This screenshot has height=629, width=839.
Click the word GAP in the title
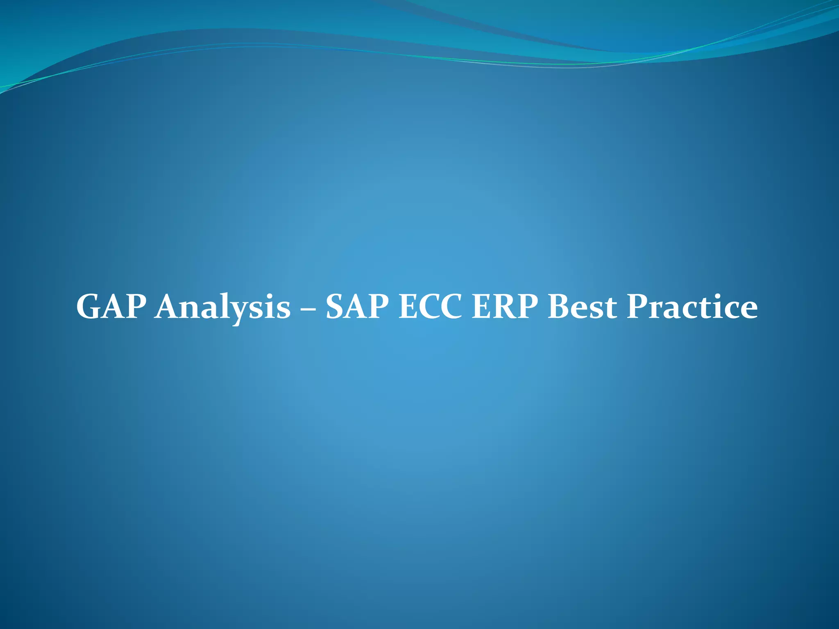[111, 307]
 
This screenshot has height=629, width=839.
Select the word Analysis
[222, 308]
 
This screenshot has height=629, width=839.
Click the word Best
[582, 307]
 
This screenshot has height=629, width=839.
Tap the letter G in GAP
[89, 307]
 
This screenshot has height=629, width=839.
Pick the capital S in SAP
[337, 307]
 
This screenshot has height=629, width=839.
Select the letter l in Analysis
[225, 305]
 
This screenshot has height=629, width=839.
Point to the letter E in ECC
[410, 307]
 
